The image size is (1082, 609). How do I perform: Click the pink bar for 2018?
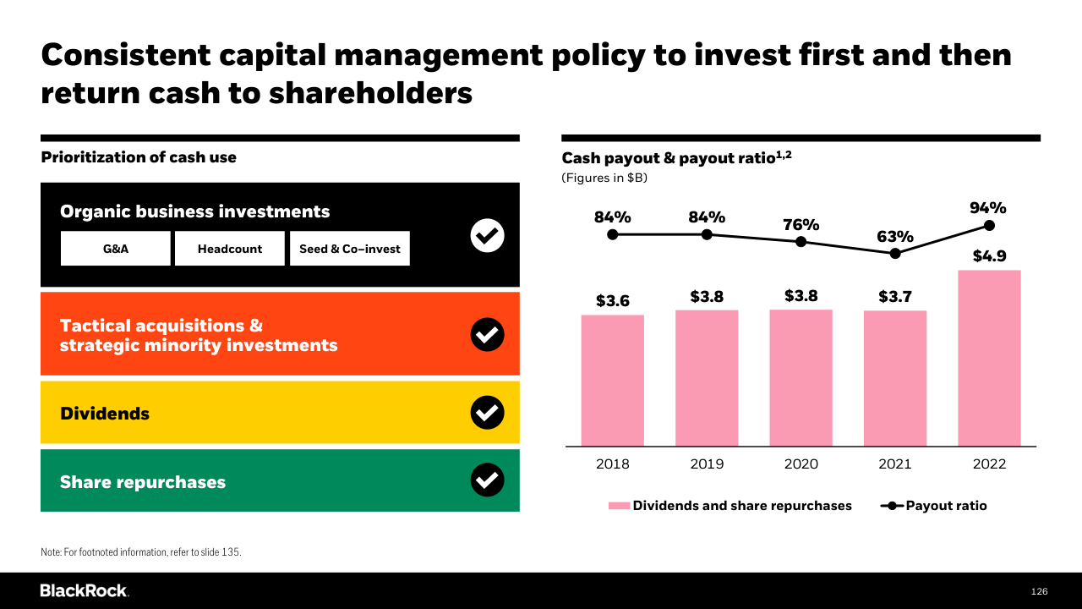coord(613,381)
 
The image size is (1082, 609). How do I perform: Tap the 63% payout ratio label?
coord(894,237)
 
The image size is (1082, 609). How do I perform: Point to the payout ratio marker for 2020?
coord(801,242)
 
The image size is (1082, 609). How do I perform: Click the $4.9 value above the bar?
coord(989,256)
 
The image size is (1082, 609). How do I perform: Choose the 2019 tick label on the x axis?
coord(707,464)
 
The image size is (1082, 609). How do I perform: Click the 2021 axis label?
coord(895,464)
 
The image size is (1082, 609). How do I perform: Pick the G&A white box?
coord(116,249)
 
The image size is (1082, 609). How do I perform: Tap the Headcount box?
coord(230,249)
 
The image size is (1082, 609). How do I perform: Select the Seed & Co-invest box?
coord(350,249)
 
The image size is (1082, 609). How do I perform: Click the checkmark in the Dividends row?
coord(487,413)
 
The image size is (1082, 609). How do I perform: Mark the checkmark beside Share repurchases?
coord(487,480)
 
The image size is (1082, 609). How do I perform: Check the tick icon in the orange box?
coord(487,335)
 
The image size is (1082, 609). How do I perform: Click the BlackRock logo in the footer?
coord(84,590)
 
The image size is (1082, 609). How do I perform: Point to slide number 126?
coord(1039,591)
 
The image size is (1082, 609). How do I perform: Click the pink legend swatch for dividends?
coord(619,506)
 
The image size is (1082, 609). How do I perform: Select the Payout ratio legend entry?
coord(934,506)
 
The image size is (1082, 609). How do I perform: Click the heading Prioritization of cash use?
coord(139,157)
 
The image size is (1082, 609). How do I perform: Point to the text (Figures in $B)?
coord(604,178)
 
